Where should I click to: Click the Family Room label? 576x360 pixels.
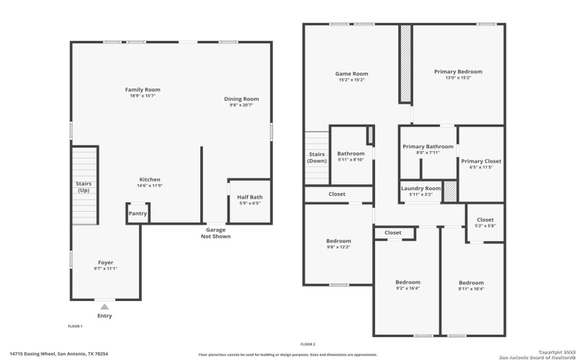(143, 89)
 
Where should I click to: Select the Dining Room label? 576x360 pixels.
(240, 99)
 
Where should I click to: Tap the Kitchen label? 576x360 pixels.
(150, 179)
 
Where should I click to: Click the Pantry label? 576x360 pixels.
(138, 214)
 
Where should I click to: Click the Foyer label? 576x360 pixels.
(105, 262)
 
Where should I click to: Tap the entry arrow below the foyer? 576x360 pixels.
(104, 307)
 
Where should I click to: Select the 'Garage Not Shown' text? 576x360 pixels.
(216, 233)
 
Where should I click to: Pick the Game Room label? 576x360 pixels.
(351, 73)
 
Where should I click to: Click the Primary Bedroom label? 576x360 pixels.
(458, 71)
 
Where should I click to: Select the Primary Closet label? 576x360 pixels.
(481, 161)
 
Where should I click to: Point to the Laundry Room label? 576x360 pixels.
(420, 188)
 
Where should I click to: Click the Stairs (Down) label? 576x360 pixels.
(317, 157)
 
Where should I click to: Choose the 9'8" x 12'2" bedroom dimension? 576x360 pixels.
(338, 247)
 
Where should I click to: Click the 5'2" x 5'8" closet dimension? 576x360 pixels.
(485, 225)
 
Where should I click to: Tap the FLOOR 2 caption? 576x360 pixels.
(307, 344)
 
